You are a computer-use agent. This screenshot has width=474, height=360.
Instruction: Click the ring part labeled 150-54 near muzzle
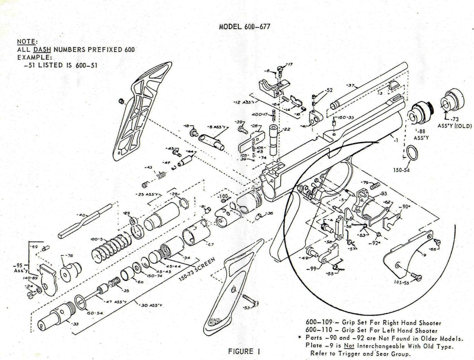412,153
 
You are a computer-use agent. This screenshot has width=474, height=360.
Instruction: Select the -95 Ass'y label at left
17,268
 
